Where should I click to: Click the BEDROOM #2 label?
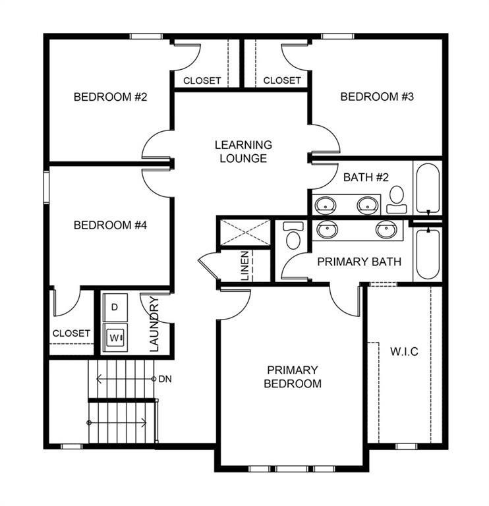[110, 97]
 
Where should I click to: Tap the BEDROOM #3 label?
[376, 97]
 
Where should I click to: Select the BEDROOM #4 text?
[110, 225]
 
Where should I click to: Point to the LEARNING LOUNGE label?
[243, 152]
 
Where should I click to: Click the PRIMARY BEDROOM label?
[293, 377]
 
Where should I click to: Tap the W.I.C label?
[403, 351]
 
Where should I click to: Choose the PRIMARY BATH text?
[359, 262]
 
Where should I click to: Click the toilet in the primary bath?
[293, 235]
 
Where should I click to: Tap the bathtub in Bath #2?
[427, 188]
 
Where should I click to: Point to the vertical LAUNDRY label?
[154, 325]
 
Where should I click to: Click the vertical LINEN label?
[244, 266]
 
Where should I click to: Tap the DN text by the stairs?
[165, 379]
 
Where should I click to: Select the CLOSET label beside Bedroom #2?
[202, 81]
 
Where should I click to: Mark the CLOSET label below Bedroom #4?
[71, 333]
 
